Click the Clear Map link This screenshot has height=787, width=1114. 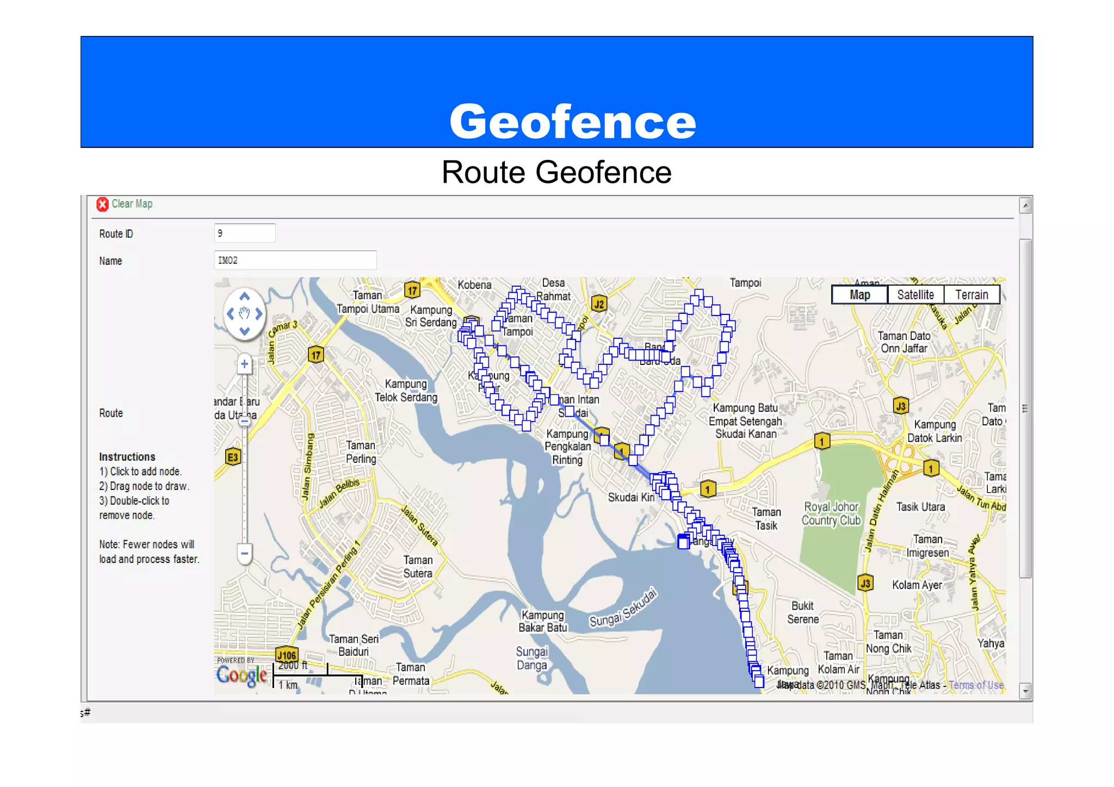(x=132, y=204)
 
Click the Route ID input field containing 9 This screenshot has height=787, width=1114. (x=245, y=233)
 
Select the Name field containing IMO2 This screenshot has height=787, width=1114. (x=295, y=261)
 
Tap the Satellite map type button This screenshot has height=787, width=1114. (x=915, y=295)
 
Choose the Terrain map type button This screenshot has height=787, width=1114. (x=971, y=295)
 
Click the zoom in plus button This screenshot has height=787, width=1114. (x=245, y=364)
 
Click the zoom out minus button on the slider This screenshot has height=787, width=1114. (x=245, y=554)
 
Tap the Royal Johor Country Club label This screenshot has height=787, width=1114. (x=831, y=514)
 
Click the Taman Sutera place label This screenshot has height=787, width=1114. (x=418, y=567)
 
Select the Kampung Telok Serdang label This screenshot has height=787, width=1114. (x=406, y=391)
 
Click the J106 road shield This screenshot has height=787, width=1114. (x=287, y=655)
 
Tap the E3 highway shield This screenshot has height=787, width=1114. (x=233, y=457)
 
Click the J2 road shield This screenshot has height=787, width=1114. (x=599, y=303)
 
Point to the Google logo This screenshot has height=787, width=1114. (x=242, y=676)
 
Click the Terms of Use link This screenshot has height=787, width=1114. (x=976, y=685)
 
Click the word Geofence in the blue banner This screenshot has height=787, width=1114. (x=572, y=121)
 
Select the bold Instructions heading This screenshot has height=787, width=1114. (x=127, y=457)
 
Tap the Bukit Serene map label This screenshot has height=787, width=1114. (x=803, y=612)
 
